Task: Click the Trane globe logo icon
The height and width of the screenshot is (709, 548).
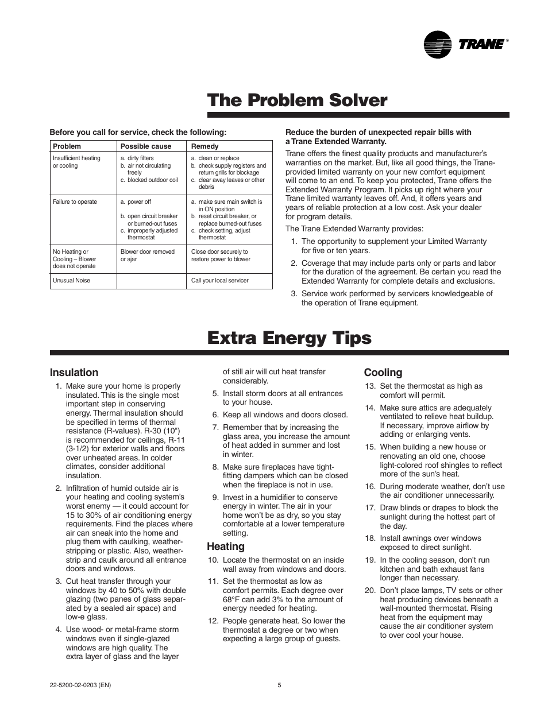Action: [439, 44]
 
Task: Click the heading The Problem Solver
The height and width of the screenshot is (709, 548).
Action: [297, 100]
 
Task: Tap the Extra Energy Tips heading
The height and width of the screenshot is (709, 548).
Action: [289, 338]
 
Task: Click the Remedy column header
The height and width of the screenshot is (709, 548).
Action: [204, 146]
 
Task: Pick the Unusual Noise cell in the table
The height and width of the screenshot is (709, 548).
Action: [71, 281]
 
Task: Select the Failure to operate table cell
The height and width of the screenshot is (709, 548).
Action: [75, 202]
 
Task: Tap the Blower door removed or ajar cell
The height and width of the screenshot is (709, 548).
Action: [147, 255]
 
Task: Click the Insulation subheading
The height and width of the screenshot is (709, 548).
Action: [74, 373]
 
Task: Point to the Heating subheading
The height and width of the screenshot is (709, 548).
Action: [226, 547]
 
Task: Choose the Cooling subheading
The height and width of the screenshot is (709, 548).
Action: [383, 373]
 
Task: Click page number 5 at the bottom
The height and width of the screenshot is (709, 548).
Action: [279, 685]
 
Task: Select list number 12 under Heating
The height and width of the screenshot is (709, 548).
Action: [213, 621]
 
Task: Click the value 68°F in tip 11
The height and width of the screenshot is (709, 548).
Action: [233, 599]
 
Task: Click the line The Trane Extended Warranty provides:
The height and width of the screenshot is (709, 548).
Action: [354, 228]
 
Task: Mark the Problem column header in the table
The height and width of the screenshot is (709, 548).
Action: [67, 146]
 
